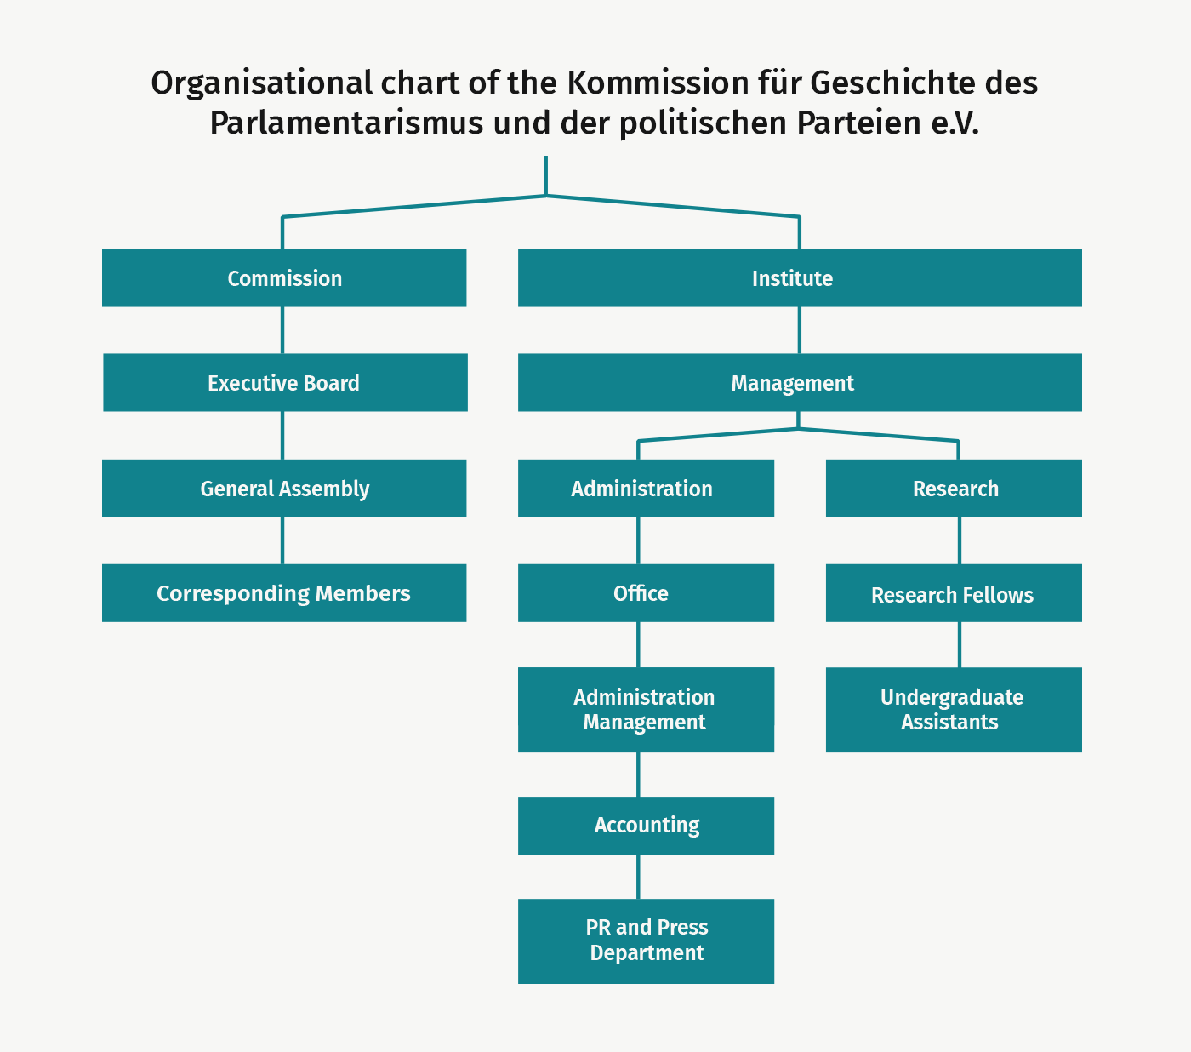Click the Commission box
pos(284,277)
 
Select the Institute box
pos(800,277)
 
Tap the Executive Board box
pos(285,382)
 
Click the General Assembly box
pos(284,488)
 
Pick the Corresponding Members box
pos(284,592)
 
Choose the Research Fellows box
pos(954,592)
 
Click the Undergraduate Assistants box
pos(954,710)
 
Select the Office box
pos(646,592)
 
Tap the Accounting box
pos(646,826)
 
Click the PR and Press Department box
pos(646,941)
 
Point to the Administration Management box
pos(646,710)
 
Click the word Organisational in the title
pos(261,83)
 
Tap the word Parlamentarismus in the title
pos(346,123)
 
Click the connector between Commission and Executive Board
pos(282,330)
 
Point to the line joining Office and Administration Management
pos(638,644)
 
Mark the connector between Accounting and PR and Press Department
pos(638,877)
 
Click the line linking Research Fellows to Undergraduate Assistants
pos(960,644)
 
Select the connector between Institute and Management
pos(800,330)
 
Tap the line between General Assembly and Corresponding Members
pos(282,541)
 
